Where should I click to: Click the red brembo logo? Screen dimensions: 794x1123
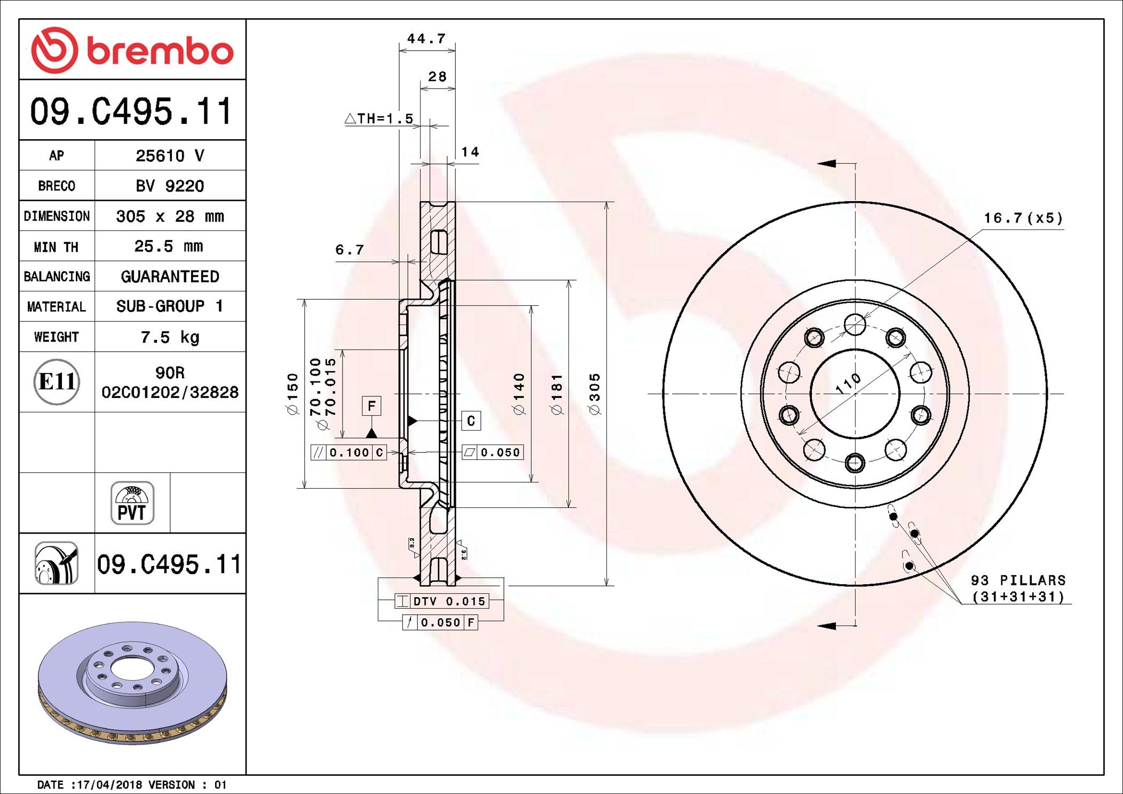pos(132,50)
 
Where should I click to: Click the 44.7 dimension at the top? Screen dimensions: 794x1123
pos(426,39)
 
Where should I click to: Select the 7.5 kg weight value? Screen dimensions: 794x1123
pos(170,337)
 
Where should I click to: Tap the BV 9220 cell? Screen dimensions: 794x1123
pos(170,186)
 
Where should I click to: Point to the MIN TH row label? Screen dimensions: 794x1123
pos(56,247)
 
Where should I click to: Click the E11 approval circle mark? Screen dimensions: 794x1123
pos(57,382)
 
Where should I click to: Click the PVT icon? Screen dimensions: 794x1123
pos(132,503)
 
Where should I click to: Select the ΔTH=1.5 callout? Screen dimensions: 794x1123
pos(379,118)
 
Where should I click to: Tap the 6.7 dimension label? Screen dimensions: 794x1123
pos(350,250)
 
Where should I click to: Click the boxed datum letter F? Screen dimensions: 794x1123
pos(371,406)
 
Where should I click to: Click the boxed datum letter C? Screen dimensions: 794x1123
pos(471,421)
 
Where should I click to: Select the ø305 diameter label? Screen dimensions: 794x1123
pos(595,394)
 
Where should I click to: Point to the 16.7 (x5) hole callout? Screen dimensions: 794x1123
pos(1023,218)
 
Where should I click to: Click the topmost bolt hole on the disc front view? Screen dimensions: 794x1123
pos(855,324)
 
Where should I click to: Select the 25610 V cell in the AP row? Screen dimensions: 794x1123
pos(170,156)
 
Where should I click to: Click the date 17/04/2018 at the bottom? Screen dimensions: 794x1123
pos(109,784)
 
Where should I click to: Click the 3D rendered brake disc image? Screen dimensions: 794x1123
pos(132,683)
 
